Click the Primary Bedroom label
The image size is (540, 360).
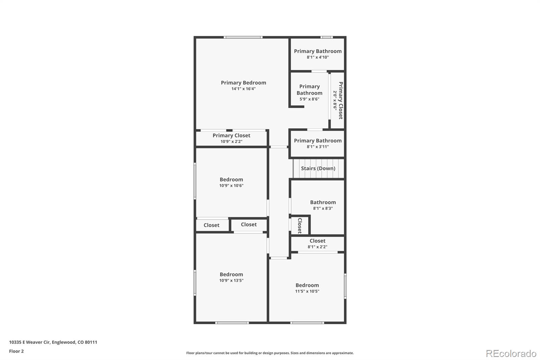click(243, 83)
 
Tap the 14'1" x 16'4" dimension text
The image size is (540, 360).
click(243, 89)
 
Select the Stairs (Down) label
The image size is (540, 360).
click(318, 169)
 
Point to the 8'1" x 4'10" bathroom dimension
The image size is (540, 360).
click(318, 57)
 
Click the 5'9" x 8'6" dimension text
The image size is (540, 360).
click(309, 99)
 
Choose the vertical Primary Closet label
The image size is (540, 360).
click(341, 100)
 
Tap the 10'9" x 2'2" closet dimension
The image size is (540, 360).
click(232, 142)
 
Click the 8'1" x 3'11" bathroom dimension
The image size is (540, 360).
click(318, 147)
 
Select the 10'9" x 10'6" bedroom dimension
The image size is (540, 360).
click(232, 185)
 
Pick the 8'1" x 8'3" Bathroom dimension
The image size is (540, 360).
click(323, 208)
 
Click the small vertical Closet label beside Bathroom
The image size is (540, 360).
click(300, 226)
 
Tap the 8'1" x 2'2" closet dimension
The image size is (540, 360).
click(318, 247)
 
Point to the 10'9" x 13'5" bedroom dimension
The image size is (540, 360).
click(232, 280)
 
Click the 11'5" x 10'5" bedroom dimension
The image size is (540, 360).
click(307, 291)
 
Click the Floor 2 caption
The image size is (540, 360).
click(17, 351)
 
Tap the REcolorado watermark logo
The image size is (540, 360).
click(511, 354)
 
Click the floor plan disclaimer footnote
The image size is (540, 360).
click(270, 353)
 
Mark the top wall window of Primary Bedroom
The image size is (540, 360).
click(243, 37)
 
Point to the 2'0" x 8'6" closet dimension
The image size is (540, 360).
click(335, 100)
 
